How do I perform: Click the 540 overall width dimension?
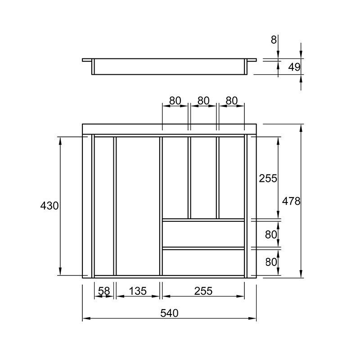[169, 313]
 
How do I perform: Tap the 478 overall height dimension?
[291, 201]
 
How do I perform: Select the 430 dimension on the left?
[49, 206]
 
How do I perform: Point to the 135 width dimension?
[138, 291]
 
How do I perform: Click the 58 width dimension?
[104, 291]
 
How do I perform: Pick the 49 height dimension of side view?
[294, 67]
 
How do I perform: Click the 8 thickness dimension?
[274, 40]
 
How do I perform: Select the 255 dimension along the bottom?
[203, 291]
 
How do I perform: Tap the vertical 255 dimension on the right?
[268, 178]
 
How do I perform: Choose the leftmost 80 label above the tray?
[175, 100]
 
